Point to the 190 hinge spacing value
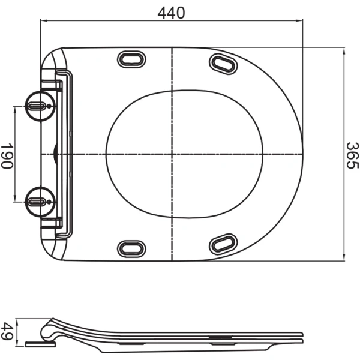click(x=7, y=155)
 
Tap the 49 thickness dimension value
click(x=7, y=331)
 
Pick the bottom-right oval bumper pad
click(x=223, y=243)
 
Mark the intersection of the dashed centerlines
click(x=172, y=154)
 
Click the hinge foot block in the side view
click(x=40, y=344)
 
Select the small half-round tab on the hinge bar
click(x=55, y=154)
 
